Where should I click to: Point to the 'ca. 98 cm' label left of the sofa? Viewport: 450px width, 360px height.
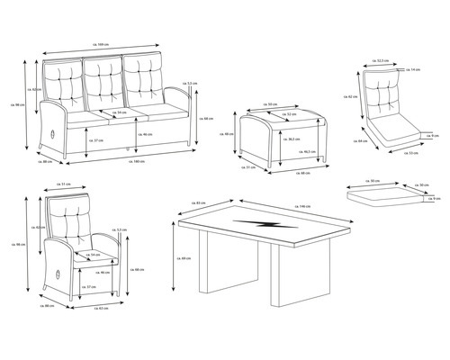(x=18, y=104)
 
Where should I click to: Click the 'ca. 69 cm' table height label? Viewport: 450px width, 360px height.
(x=184, y=259)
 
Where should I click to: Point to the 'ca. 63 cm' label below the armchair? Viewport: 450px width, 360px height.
(x=103, y=307)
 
